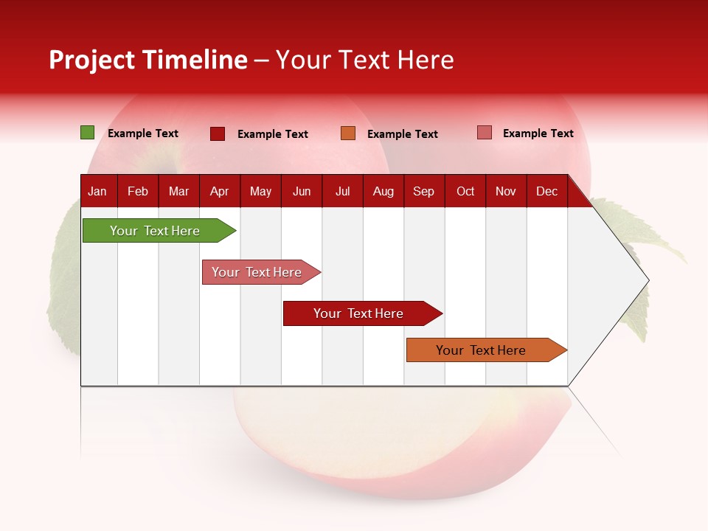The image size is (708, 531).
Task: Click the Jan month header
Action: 97,191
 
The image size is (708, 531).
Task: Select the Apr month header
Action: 219,191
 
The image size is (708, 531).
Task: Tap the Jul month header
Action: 342,191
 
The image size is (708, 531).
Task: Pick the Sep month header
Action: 423,191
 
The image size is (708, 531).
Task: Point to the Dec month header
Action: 546,191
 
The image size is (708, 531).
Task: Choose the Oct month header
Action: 465,191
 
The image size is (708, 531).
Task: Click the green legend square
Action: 87,133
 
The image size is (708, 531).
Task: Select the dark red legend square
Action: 217,133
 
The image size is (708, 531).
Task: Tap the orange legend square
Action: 348,133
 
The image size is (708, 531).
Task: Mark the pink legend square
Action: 484,133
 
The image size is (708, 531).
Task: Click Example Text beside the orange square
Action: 402,133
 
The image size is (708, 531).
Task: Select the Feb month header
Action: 138,191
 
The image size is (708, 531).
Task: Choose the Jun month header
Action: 302,191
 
